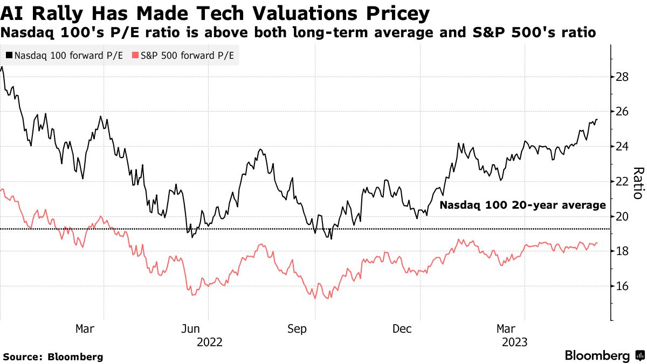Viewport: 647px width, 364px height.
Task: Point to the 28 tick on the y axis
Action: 622,77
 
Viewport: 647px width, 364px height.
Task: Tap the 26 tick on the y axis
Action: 622,112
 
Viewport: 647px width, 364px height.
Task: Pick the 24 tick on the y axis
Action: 622,147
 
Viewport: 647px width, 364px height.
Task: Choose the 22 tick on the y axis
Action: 622,181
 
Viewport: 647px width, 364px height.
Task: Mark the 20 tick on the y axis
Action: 622,216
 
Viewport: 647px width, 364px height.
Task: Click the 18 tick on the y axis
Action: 622,251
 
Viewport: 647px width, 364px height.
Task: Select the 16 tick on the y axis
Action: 622,286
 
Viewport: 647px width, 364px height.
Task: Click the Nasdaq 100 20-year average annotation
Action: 522,205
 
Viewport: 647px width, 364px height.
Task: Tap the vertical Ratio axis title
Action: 638,183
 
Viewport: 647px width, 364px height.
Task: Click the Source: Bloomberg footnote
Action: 53,356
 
